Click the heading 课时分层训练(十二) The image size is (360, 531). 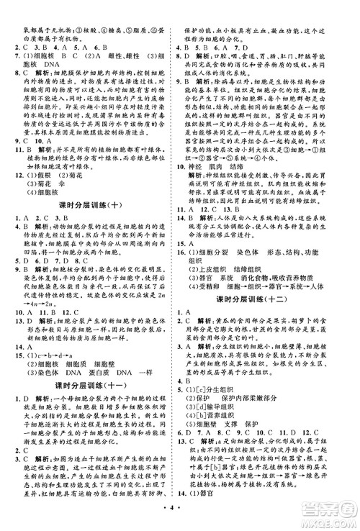(269, 318)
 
